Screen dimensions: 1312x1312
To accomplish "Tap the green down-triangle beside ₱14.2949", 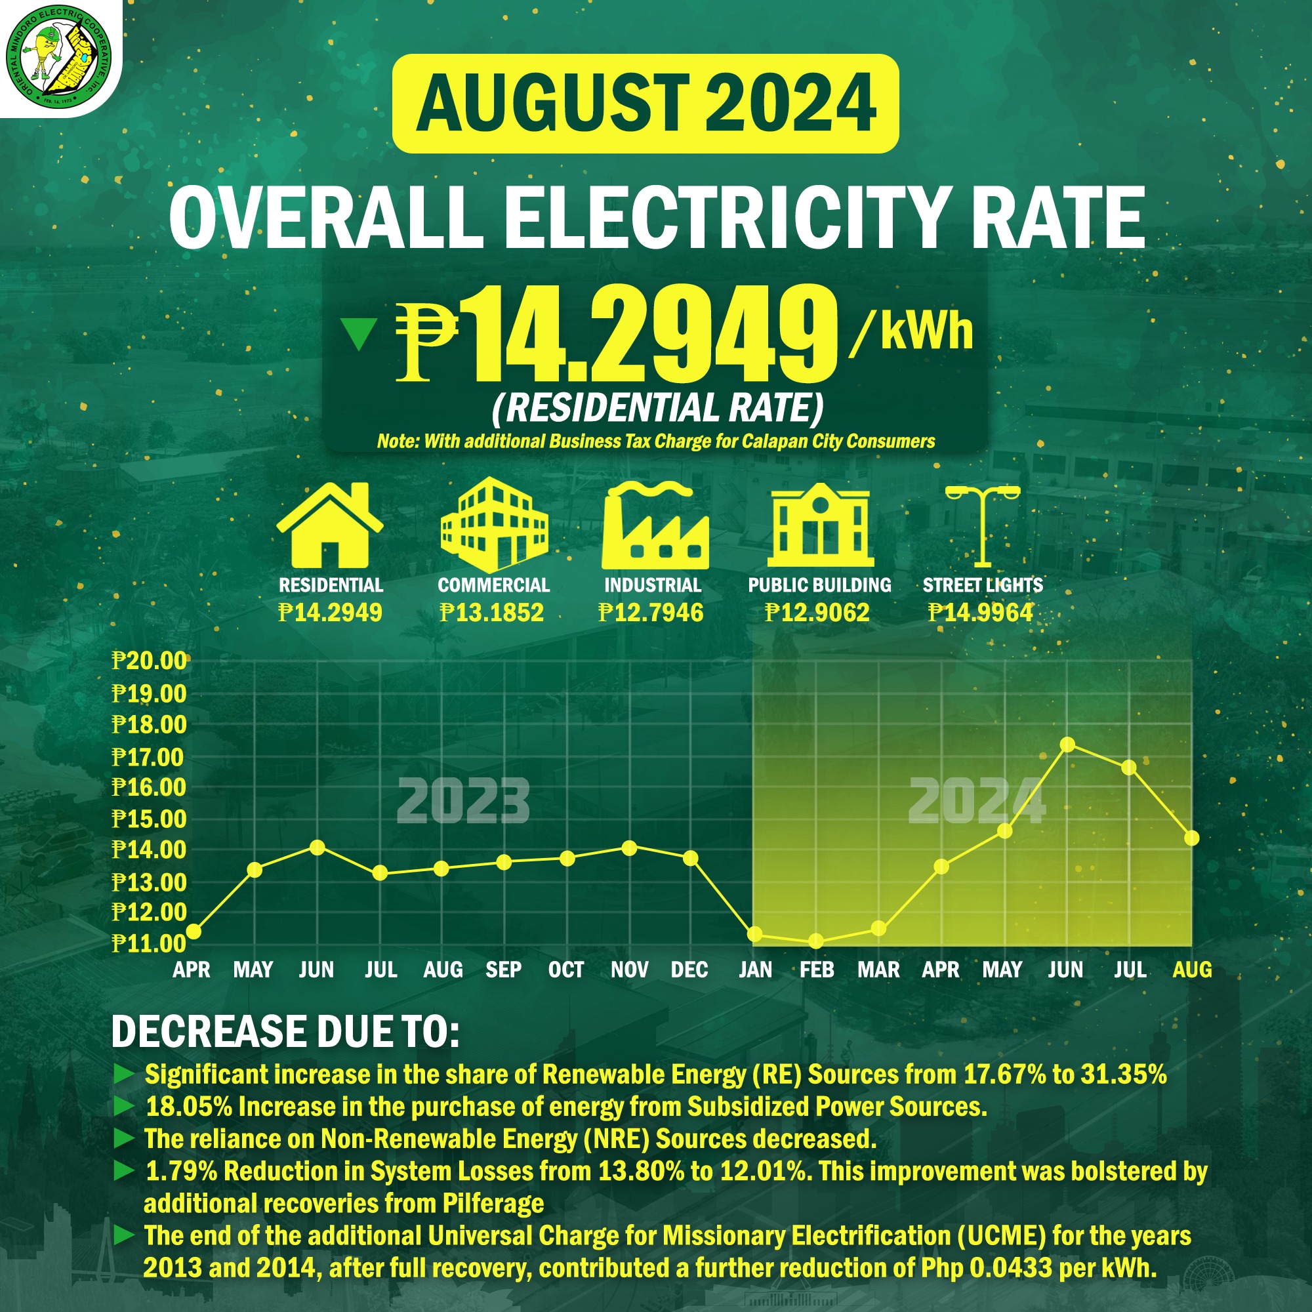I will [358, 333].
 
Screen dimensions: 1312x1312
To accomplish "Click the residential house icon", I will [330, 525].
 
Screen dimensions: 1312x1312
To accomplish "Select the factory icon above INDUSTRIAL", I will [655, 525].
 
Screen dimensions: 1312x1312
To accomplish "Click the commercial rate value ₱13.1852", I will [491, 613].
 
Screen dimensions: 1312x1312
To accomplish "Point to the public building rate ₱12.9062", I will [817, 613].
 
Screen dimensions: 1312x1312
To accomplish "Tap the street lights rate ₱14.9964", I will [981, 613].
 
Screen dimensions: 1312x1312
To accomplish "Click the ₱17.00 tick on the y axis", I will [148, 756].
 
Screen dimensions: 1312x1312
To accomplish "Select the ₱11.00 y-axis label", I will [148, 943].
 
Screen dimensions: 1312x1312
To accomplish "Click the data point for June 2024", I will [1067, 745].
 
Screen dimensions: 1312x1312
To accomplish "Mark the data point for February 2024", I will [816, 941].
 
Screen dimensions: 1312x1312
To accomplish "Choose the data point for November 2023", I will [630, 848].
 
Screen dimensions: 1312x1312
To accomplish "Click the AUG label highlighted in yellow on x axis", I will [1193, 969].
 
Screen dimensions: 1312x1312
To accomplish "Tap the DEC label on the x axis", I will [689, 969].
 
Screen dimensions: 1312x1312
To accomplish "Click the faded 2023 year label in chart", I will [462, 802].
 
